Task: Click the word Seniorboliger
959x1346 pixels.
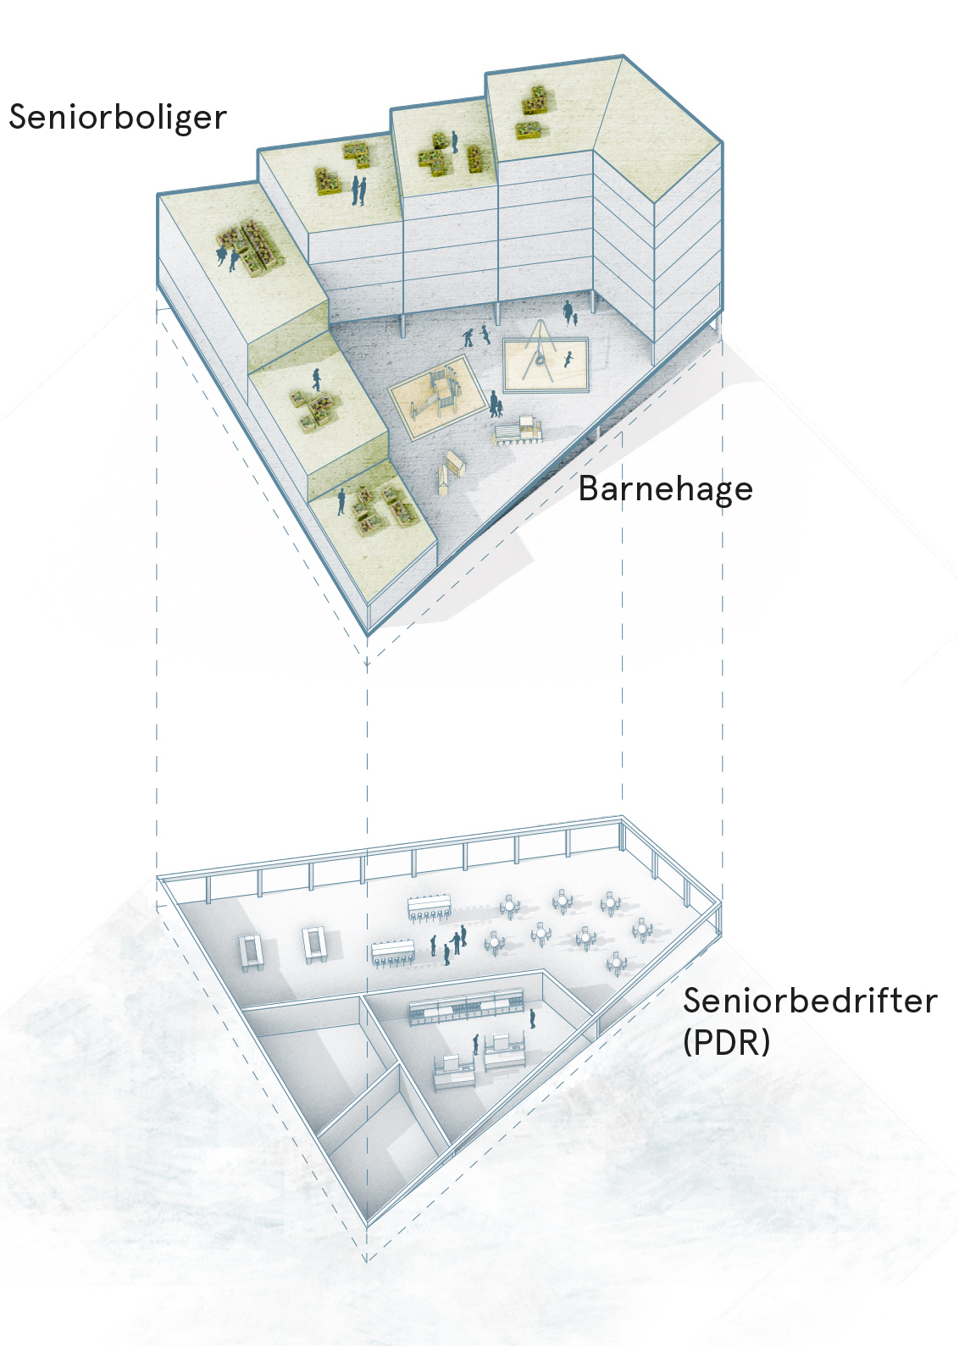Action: click(118, 118)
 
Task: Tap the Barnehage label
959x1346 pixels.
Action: click(665, 488)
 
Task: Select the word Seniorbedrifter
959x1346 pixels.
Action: click(809, 1001)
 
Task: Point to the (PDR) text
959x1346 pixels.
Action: click(726, 1041)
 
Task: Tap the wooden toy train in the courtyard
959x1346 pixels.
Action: click(518, 430)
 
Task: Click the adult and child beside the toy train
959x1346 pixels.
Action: click(496, 403)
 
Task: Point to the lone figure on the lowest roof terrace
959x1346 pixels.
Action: click(341, 501)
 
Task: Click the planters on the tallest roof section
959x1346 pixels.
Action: click(532, 112)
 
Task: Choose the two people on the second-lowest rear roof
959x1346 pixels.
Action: click(359, 190)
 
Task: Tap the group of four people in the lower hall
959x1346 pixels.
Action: click(449, 944)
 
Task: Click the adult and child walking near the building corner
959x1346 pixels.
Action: click(570, 314)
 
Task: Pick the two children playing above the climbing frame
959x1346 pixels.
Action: click(476, 336)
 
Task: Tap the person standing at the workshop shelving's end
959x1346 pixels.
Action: click(532, 1018)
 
